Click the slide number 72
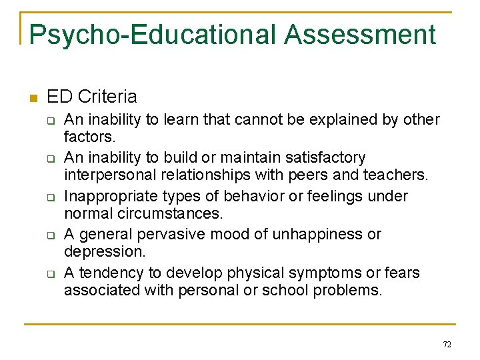pyautogui.click(x=447, y=344)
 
